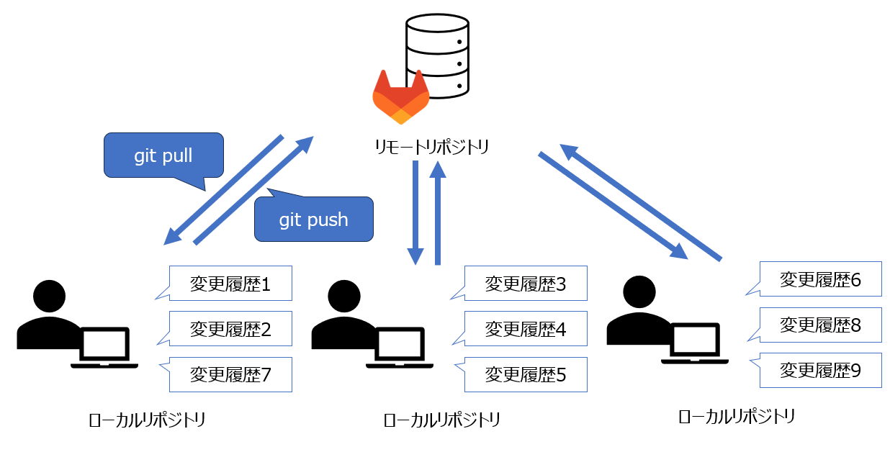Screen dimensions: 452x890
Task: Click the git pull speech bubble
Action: (163, 155)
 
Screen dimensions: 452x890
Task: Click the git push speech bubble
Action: (314, 219)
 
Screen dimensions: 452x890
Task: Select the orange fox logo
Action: (400, 98)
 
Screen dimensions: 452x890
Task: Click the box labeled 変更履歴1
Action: (230, 284)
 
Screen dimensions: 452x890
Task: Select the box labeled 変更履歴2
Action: (230, 329)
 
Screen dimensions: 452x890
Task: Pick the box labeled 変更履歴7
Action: (230, 374)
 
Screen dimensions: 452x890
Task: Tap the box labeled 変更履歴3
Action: (526, 284)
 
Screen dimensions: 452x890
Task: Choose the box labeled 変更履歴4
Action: (526, 329)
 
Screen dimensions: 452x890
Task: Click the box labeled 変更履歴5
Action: (526, 374)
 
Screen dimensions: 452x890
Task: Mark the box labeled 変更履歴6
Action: (821, 279)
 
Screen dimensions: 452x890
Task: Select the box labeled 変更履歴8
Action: (821, 325)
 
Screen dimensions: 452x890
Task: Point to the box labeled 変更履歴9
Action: (821, 370)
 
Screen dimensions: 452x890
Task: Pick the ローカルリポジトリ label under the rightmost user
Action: (737, 416)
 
